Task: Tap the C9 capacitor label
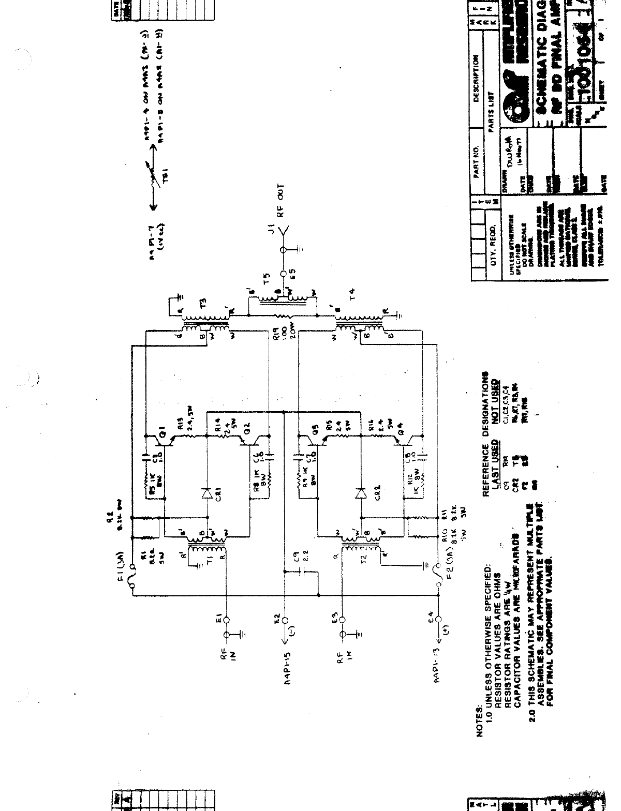(297, 558)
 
